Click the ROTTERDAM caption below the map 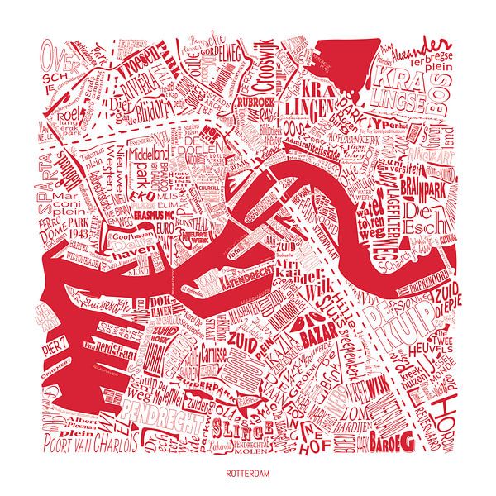(248, 475)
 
